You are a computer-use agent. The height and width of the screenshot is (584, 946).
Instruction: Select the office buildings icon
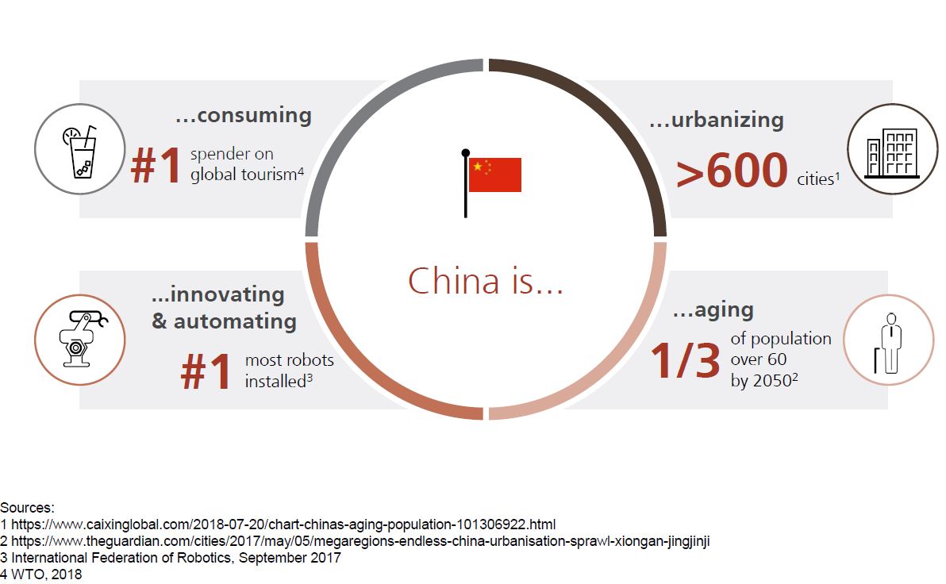[892, 153]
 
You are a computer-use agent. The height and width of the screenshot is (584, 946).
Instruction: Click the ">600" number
[731, 170]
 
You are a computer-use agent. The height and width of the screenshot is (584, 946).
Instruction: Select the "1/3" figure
[685, 360]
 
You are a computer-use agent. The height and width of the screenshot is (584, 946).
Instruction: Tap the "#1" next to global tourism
[156, 165]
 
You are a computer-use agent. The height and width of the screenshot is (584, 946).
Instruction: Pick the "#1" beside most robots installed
[206, 371]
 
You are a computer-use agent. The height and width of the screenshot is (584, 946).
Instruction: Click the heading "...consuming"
[244, 114]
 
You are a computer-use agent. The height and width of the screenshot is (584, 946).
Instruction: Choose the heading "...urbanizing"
[716, 120]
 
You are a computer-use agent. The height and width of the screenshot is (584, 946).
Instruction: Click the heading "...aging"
[713, 310]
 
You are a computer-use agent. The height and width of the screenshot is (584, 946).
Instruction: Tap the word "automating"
[235, 321]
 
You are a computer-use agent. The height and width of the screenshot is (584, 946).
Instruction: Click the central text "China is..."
[485, 281]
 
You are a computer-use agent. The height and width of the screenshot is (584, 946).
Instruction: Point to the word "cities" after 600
[816, 179]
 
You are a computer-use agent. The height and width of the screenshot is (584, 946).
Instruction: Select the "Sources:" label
[27, 507]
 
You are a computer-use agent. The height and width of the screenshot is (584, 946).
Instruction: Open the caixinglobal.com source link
[283, 524]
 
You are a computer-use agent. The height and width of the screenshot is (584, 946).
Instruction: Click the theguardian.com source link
[360, 541]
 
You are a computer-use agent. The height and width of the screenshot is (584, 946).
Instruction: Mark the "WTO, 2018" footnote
[47, 574]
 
